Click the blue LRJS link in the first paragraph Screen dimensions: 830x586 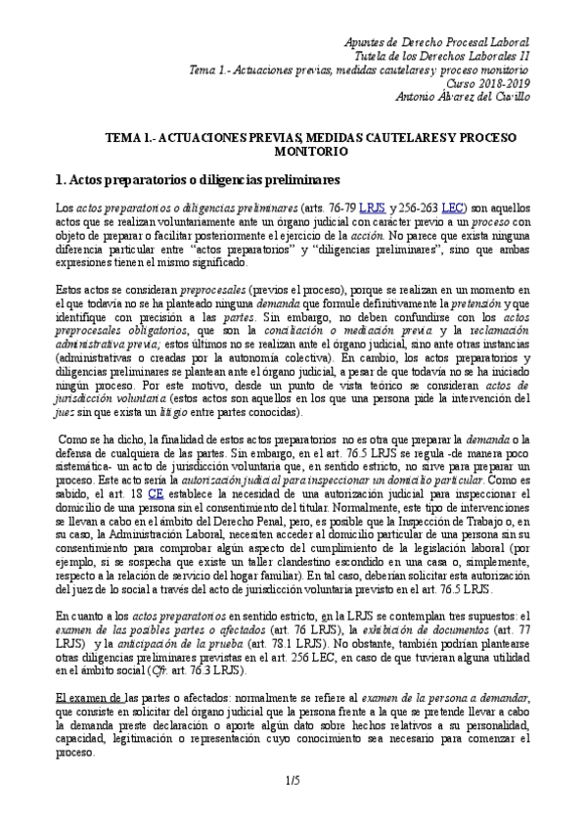click(x=373, y=208)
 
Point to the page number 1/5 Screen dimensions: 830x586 click(x=293, y=807)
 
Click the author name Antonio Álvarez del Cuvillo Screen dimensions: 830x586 click(x=462, y=96)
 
